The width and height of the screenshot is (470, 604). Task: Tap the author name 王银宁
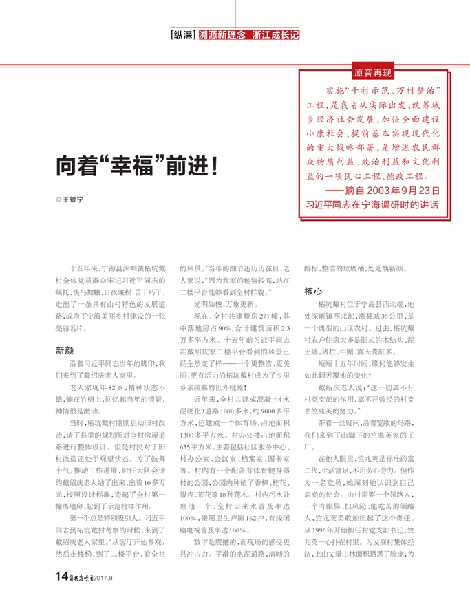(x=73, y=200)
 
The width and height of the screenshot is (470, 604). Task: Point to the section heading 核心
(x=314, y=292)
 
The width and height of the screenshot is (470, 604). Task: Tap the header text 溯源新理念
(x=222, y=32)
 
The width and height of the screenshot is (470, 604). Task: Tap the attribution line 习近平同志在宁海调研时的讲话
(x=372, y=205)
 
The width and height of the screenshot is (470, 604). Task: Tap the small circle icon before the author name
(x=58, y=200)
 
